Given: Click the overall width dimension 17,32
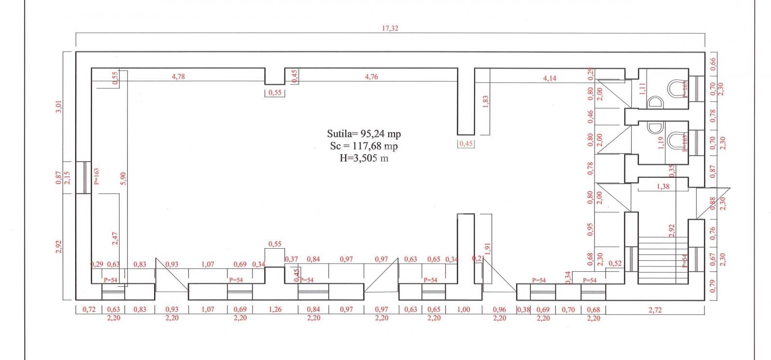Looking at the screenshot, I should pyautogui.click(x=390, y=28).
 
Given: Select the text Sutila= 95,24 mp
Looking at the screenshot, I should pyautogui.click(x=364, y=134).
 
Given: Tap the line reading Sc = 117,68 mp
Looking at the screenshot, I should pyautogui.click(x=364, y=146).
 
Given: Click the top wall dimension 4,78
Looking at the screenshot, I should pyautogui.click(x=178, y=76).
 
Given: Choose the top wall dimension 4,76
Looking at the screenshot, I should pyautogui.click(x=371, y=76).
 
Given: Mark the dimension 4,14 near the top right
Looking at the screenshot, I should pyautogui.click(x=549, y=78).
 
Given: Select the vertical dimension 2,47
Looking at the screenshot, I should pyautogui.click(x=115, y=238).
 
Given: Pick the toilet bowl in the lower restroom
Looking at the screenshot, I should pyautogui.click(x=677, y=140).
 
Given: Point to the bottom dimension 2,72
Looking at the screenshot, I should pyautogui.click(x=655, y=310).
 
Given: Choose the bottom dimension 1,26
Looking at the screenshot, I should pyautogui.click(x=275, y=309).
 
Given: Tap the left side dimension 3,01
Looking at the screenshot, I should pyautogui.click(x=59, y=107).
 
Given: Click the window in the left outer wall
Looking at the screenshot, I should pyautogui.click(x=83, y=177).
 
